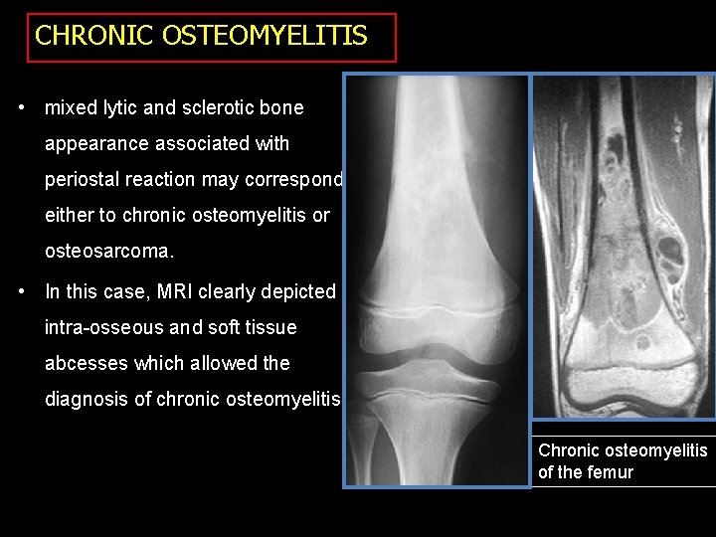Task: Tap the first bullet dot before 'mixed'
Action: point(22,106)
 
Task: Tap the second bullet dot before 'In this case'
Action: point(22,291)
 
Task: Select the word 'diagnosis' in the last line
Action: point(87,400)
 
